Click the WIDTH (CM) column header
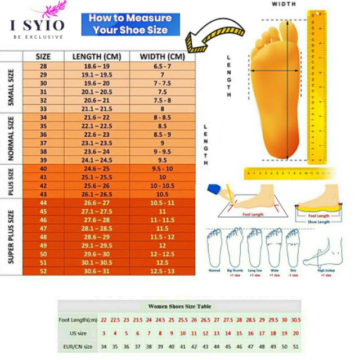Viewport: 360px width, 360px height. [163, 56]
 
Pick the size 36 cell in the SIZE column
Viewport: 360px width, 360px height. [43, 134]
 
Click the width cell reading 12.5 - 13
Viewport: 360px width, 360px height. [163, 271]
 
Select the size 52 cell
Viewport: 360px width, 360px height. [43, 271]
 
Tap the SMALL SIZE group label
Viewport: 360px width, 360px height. [11, 87]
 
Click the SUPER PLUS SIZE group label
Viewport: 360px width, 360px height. [11, 236]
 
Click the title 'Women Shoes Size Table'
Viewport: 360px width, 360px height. [180, 307]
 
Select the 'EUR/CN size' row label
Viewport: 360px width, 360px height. [77, 346]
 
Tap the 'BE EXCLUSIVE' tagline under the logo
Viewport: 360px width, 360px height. [38, 37]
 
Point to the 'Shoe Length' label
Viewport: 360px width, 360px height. [319, 221]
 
